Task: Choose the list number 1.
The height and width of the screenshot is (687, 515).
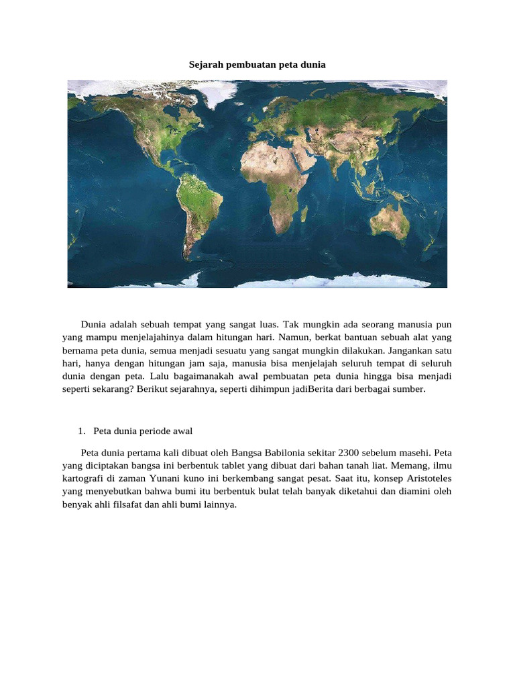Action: click(x=82, y=430)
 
